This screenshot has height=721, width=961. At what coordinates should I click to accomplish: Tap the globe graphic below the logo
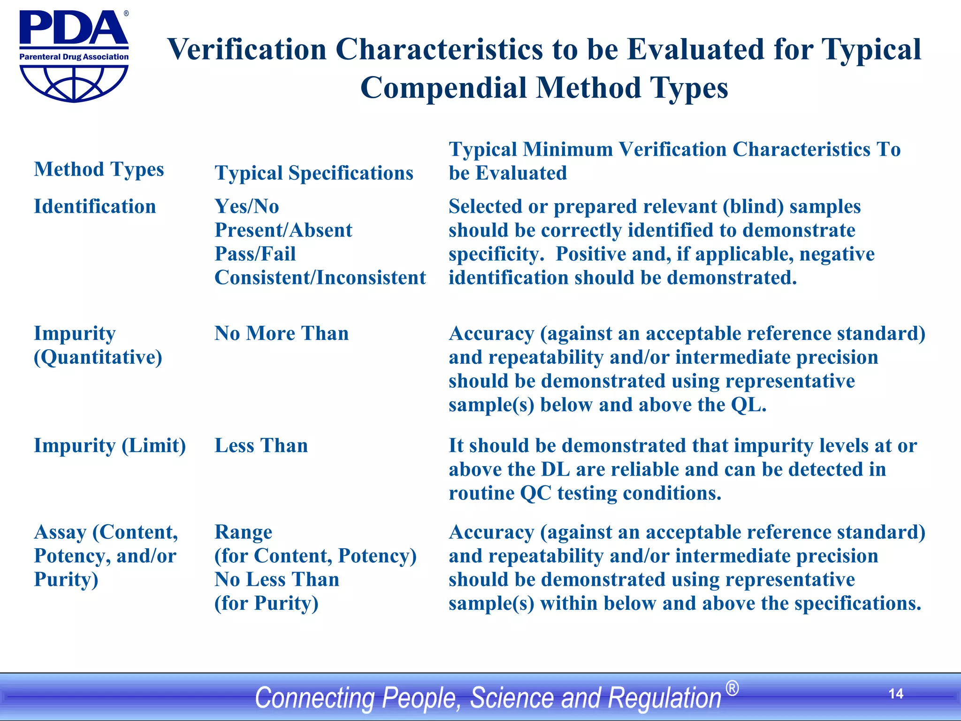[74, 83]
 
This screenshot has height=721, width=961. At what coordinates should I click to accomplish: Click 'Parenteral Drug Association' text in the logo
[74, 57]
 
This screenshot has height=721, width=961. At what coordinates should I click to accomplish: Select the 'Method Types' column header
[99, 169]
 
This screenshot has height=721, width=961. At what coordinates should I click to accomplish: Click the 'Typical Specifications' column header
[314, 173]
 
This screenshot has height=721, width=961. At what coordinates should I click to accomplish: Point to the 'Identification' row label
[95, 207]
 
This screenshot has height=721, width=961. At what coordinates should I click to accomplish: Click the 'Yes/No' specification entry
[247, 207]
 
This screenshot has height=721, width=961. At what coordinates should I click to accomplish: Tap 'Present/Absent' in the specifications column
[283, 230]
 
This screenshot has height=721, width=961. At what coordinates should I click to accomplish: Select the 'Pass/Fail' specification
[255, 254]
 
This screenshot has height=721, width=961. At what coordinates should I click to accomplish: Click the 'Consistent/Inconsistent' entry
[320, 278]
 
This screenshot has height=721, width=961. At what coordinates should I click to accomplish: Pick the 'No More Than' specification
[282, 334]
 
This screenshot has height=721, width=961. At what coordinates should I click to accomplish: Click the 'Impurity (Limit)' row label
[110, 445]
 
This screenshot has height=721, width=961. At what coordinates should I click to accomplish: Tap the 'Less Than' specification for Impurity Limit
[261, 445]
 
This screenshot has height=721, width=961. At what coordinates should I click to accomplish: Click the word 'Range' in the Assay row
[243, 532]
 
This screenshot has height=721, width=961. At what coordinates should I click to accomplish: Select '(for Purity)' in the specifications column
[266, 603]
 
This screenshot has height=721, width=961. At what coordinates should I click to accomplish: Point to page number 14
[896, 694]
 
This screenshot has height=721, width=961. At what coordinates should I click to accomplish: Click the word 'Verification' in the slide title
[247, 49]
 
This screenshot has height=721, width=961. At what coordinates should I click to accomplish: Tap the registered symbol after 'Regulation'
[732, 689]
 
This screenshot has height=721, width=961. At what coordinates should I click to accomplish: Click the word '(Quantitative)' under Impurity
[98, 358]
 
